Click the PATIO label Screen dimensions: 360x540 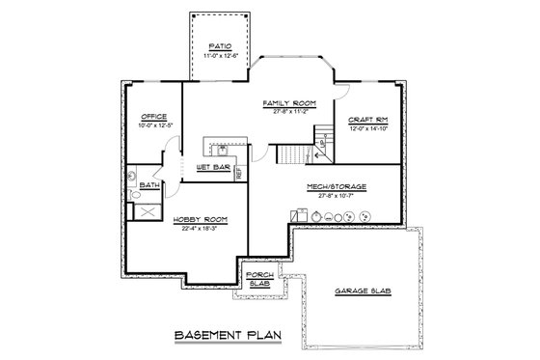220,45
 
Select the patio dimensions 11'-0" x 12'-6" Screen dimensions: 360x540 220,56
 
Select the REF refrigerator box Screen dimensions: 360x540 239,174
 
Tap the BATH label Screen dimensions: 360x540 148,184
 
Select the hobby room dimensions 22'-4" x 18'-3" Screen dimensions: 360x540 200,228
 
